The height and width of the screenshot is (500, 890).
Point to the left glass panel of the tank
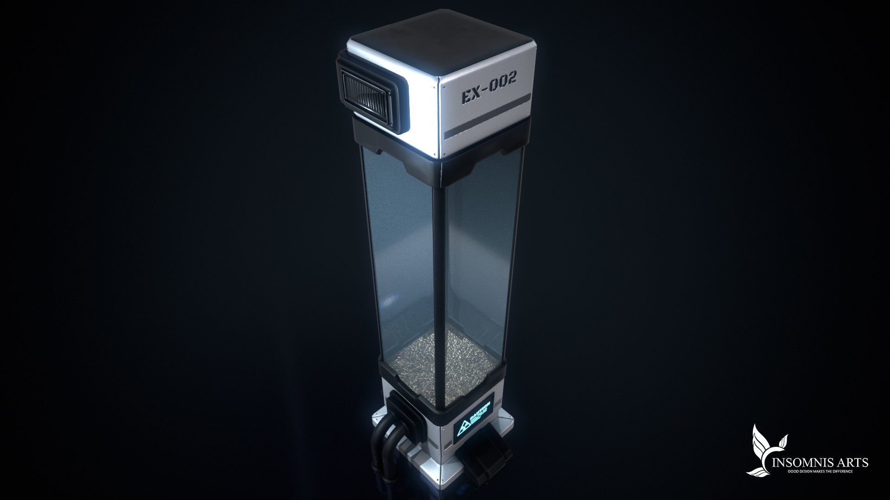pos(399,255)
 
